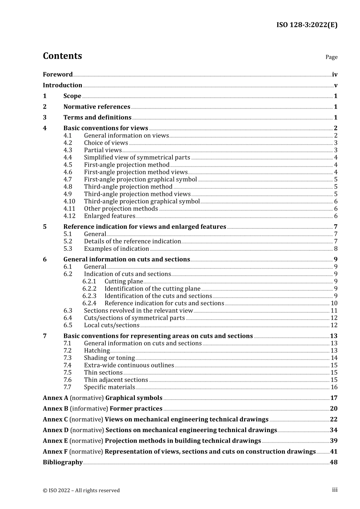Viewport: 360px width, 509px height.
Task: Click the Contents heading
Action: point(62,56)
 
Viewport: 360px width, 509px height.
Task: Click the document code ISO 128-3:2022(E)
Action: point(307,25)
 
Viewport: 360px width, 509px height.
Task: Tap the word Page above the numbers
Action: point(331,57)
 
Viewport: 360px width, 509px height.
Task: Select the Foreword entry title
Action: point(58,75)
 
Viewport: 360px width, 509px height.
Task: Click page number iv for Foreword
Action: point(335,75)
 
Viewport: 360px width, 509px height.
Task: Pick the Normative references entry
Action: point(97,107)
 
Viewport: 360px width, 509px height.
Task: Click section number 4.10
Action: point(69,201)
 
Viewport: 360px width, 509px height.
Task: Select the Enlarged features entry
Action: point(110,216)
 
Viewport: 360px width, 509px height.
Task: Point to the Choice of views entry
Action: point(106,143)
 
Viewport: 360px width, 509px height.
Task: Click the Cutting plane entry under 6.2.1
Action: point(124,281)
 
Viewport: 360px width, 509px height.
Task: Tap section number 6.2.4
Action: point(89,303)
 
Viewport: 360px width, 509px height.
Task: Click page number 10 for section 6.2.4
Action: point(334,303)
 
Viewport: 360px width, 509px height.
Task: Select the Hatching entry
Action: point(97,351)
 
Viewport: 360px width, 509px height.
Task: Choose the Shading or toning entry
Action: point(109,358)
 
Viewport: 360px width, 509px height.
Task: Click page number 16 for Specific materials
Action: point(334,387)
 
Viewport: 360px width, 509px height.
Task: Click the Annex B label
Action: point(55,409)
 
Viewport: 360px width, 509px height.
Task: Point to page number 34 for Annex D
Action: point(333,430)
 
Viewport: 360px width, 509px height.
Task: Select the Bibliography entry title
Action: point(63,462)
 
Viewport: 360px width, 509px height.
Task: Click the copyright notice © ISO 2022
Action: point(81,490)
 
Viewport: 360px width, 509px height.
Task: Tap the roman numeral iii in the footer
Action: point(335,490)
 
